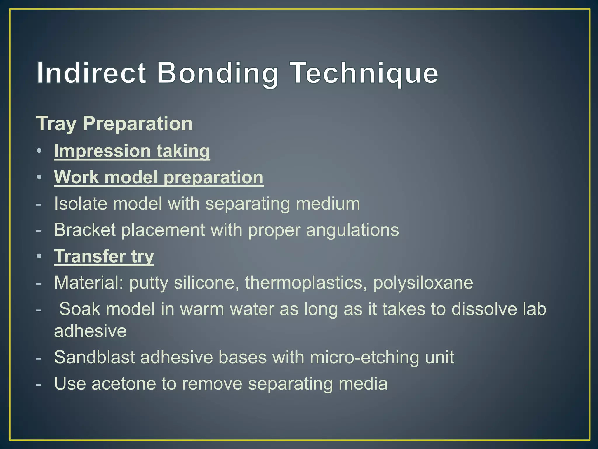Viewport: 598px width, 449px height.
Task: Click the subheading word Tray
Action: point(56,124)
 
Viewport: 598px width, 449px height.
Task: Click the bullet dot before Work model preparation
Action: point(39,177)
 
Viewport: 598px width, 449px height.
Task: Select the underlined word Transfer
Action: point(90,256)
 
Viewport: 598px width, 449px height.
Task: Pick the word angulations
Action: point(352,230)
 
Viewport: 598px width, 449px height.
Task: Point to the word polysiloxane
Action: point(423,283)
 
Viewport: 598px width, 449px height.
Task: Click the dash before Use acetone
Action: point(39,384)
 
